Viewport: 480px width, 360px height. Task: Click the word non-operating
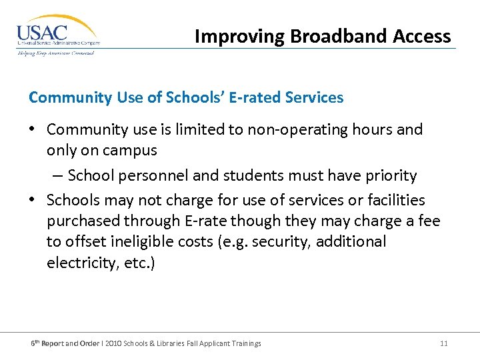(x=296, y=129)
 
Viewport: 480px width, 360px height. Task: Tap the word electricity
(x=74, y=263)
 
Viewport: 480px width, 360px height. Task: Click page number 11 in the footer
(x=444, y=343)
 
